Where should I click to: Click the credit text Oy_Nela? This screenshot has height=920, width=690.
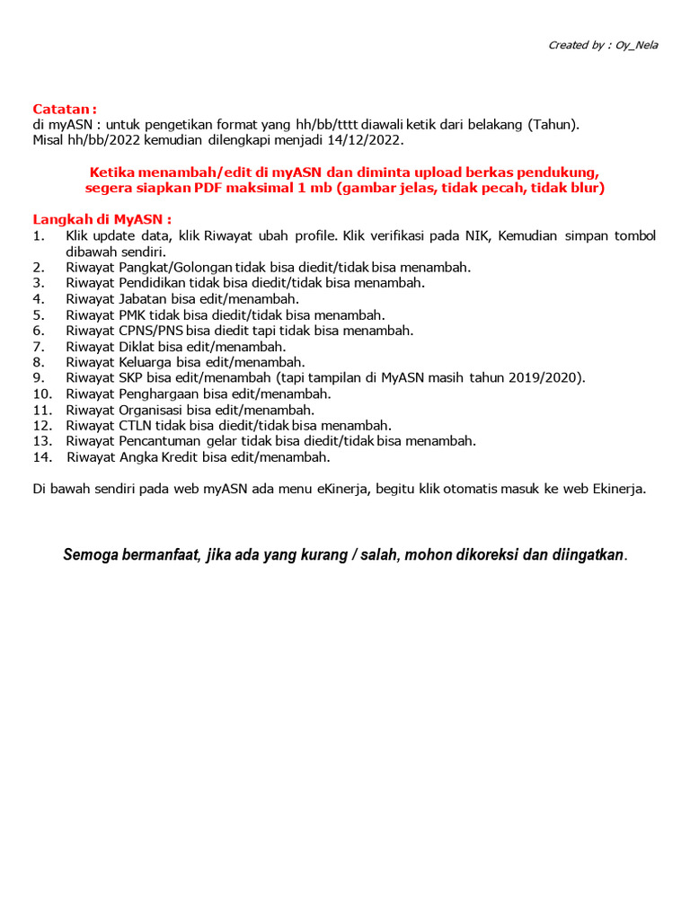pos(635,45)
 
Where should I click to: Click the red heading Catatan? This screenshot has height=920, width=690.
pos(64,109)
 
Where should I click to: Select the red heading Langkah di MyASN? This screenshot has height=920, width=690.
pos(102,219)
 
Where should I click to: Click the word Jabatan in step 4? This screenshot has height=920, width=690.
pos(143,298)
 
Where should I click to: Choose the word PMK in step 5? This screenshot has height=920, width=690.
pos(132,314)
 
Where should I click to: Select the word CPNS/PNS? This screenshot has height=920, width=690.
pos(151,330)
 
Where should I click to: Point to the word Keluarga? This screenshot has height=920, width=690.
pos(146,362)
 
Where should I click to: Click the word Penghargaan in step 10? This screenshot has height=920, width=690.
pos(159,394)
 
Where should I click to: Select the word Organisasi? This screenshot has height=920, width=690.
pos(151,410)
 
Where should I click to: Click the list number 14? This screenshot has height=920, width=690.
pos(40,457)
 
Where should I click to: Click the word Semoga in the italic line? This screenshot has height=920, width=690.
pos(89,554)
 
